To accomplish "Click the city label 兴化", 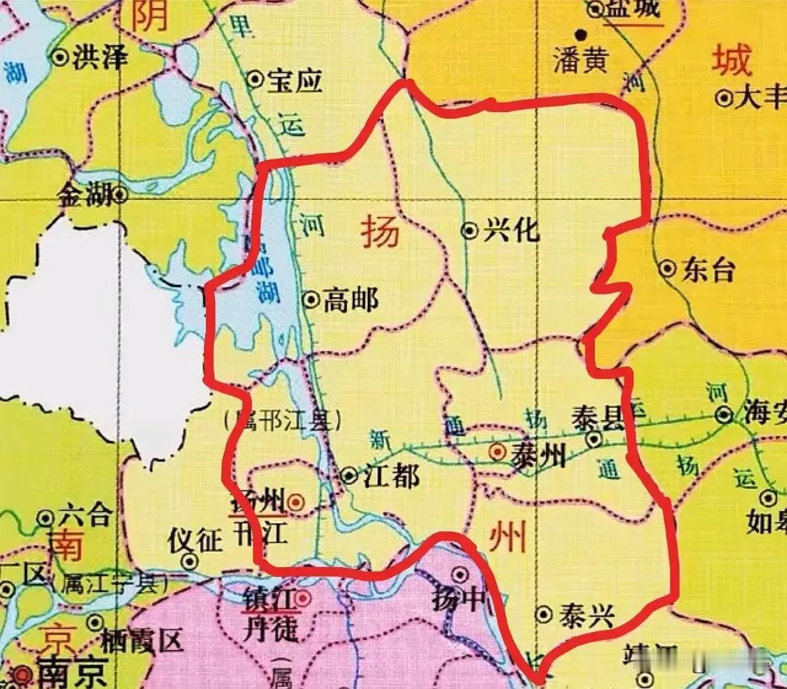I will click(x=511, y=230).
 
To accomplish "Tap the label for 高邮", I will click(x=350, y=300).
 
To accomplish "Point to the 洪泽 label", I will click(x=100, y=58).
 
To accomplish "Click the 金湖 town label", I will click(x=85, y=194).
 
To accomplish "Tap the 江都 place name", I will click(x=391, y=475).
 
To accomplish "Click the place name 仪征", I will click(x=195, y=541).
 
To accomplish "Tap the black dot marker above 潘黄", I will click(x=580, y=34).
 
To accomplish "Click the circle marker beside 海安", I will click(x=724, y=414).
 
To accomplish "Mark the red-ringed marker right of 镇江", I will click(x=302, y=598).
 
